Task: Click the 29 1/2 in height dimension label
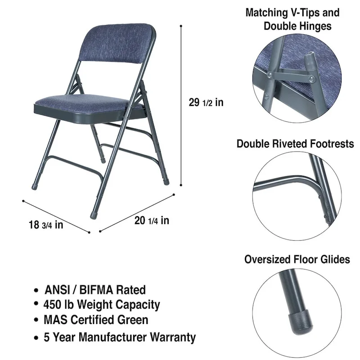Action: tap(206, 103)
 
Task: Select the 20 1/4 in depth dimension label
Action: tap(152, 220)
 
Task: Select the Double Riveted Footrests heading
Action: tap(295, 144)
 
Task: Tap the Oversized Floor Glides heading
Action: tap(297, 259)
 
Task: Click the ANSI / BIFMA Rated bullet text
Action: tap(95, 290)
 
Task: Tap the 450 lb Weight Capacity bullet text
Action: tap(102, 305)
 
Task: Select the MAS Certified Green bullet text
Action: tap(96, 320)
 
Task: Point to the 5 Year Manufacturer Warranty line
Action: tap(120, 337)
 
